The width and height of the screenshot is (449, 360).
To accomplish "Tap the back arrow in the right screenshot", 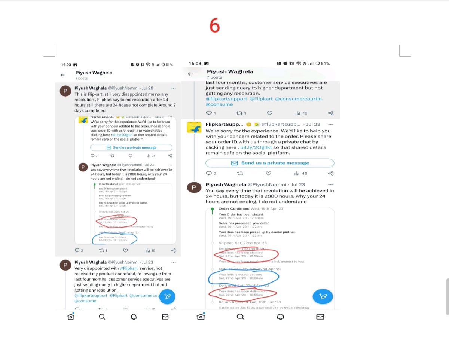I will pyautogui.click(x=190, y=74).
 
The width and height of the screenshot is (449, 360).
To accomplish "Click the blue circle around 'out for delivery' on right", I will pyautogui.click(x=244, y=277).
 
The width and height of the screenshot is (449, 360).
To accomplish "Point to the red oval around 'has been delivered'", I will pyautogui.click(x=242, y=293).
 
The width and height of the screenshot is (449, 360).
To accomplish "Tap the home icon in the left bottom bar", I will pyautogui.click(x=70, y=317).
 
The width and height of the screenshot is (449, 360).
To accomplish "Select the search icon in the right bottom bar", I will pyautogui.click(x=241, y=317).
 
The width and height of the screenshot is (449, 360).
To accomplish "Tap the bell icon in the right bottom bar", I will pyautogui.click(x=280, y=317).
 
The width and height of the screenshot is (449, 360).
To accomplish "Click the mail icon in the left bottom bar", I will pyautogui.click(x=165, y=317).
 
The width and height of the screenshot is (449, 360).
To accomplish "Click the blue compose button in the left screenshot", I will pyautogui.click(x=167, y=296).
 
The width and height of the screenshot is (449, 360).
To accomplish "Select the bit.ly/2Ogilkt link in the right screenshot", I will pyautogui.click(x=253, y=147).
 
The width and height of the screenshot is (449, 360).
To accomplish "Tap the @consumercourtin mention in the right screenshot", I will pyautogui.click(x=298, y=99).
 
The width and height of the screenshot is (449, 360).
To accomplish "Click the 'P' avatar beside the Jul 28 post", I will pyautogui.click(x=65, y=92).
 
